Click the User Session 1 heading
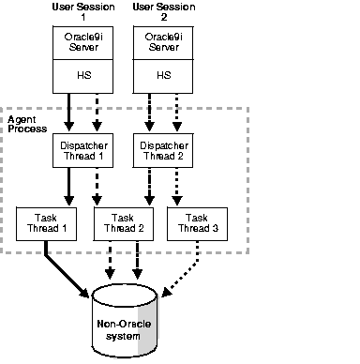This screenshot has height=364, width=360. pos(81,12)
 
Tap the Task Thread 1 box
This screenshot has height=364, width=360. pos(44,222)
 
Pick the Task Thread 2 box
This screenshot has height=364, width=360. pos(122,222)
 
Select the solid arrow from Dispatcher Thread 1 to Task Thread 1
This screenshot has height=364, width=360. pos(68,188)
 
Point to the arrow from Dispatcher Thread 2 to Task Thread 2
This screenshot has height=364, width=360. pos(147,188)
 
